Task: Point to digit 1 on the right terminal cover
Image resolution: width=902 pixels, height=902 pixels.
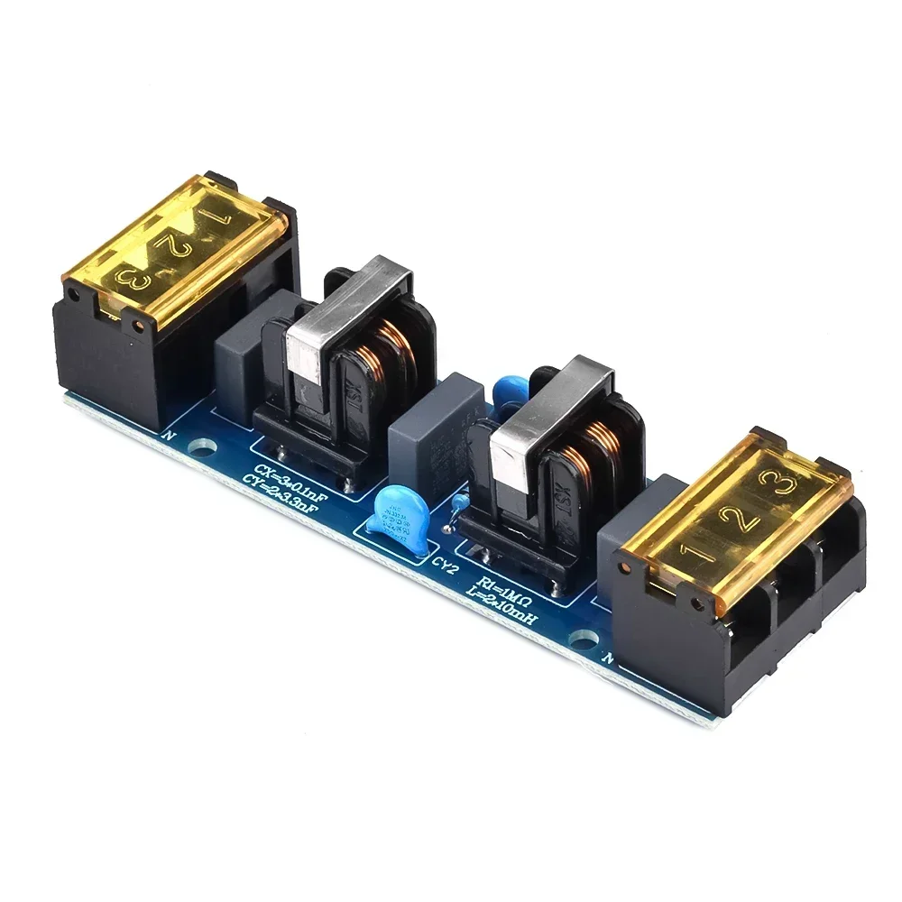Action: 694,549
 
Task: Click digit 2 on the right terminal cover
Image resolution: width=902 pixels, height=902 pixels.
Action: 741,519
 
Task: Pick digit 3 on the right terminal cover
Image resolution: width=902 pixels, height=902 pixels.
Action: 787,486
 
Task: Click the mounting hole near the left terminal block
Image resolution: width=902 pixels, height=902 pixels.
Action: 205,445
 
